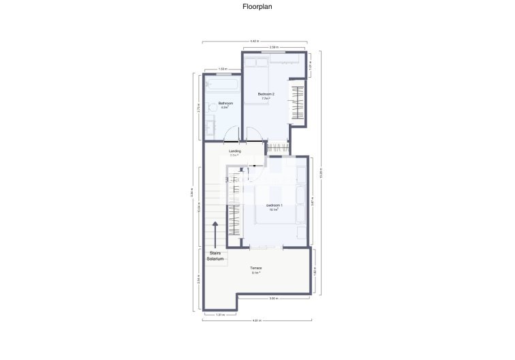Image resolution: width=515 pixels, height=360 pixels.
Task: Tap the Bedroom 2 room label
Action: pyautogui.click(x=266, y=93)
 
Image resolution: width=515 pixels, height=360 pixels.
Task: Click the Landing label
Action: pyautogui.click(x=234, y=151)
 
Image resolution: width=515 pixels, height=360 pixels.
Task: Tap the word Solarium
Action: pyautogui.click(x=216, y=259)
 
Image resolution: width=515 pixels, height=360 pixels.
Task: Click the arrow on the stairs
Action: pyautogui.click(x=216, y=236)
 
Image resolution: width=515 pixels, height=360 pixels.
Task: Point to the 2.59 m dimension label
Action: pyautogui.click(x=273, y=48)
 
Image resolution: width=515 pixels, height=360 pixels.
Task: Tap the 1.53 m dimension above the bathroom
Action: pyautogui.click(x=223, y=70)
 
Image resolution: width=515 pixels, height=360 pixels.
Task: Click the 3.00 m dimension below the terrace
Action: pyautogui.click(x=272, y=299)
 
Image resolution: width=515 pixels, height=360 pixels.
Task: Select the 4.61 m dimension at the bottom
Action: pyautogui.click(x=256, y=320)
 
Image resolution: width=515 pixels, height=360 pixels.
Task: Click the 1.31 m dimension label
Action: pyautogui.click(x=219, y=314)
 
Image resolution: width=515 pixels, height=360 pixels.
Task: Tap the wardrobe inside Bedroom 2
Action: pyautogui.click(x=298, y=102)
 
